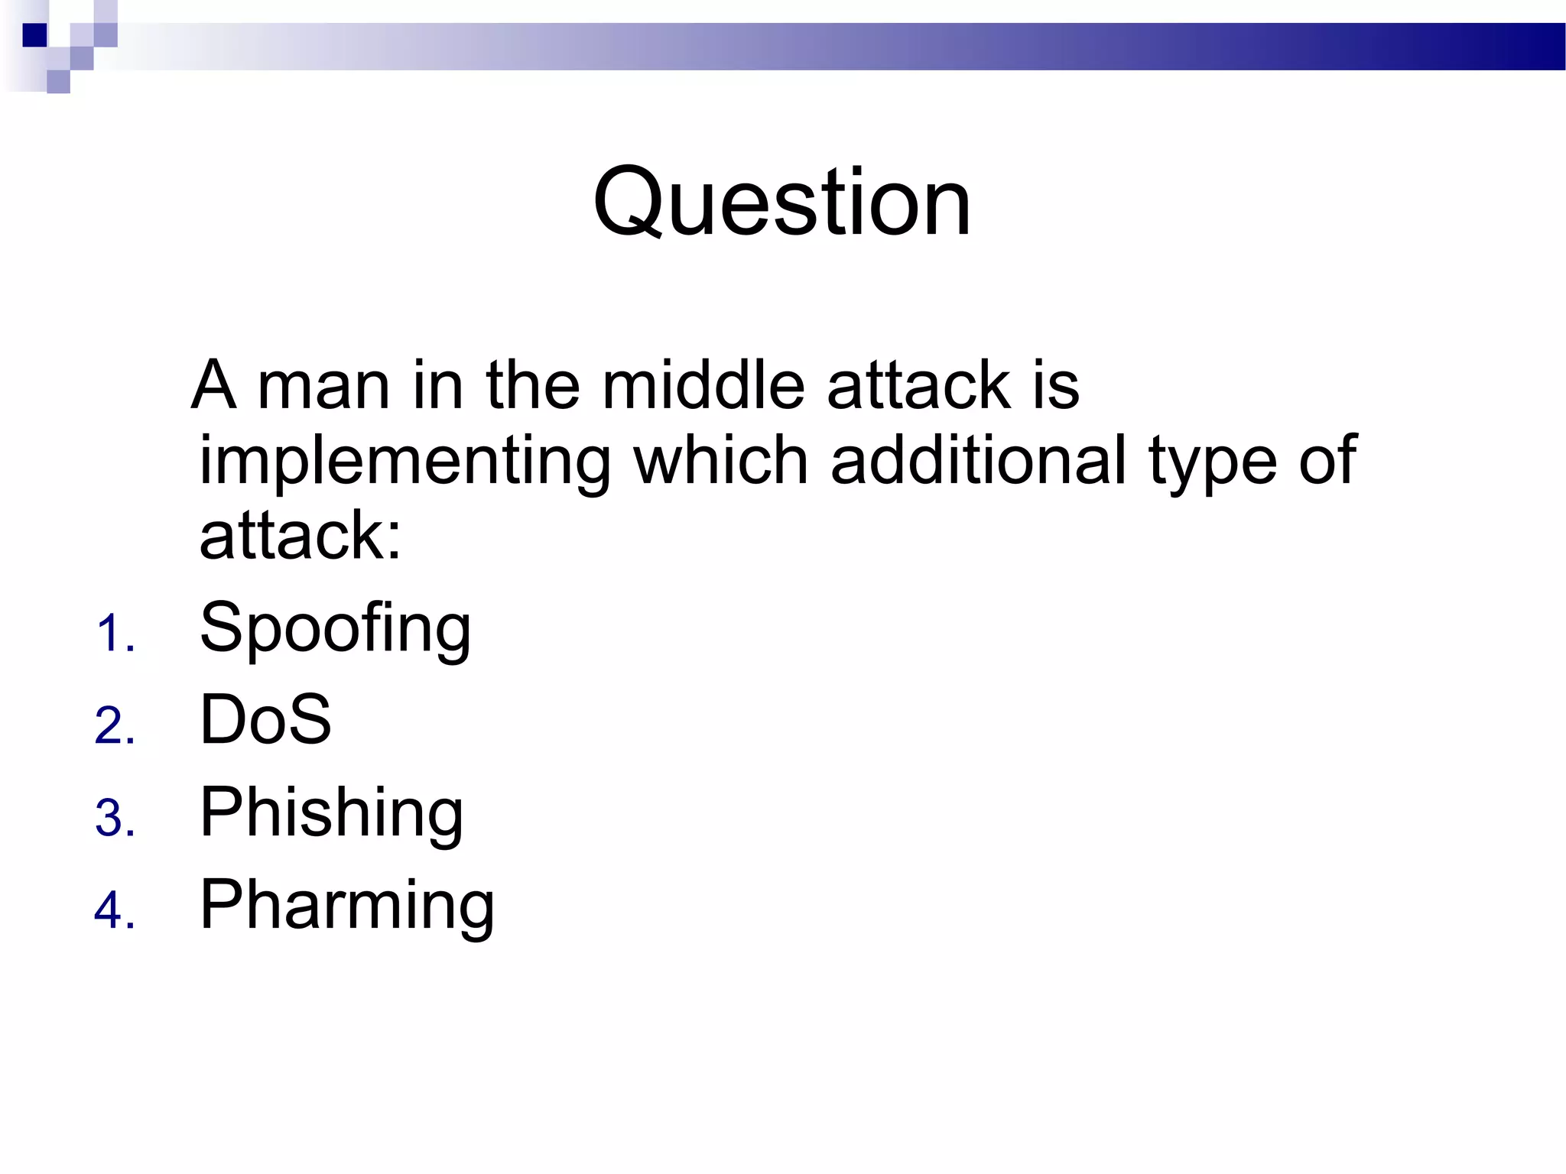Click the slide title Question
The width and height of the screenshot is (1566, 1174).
tap(781, 203)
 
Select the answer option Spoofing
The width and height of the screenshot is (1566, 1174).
tap(335, 628)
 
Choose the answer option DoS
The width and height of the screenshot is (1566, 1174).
tap(265, 719)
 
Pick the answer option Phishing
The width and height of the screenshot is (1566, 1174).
tap(331, 812)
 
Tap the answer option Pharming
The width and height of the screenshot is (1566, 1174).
tap(347, 905)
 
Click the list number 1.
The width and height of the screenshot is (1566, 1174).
tap(115, 634)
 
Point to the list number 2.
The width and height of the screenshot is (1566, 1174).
tap(115, 726)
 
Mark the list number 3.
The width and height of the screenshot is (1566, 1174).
tap(115, 818)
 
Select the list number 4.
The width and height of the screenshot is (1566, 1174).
tap(115, 910)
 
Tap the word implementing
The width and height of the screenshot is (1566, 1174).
tap(405, 461)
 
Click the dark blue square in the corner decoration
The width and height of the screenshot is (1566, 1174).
tap(34, 35)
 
